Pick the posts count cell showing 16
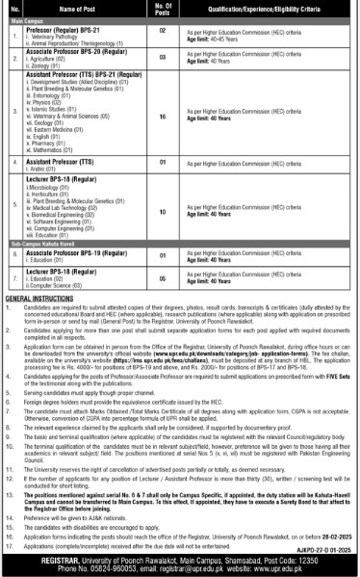point(164,116)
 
